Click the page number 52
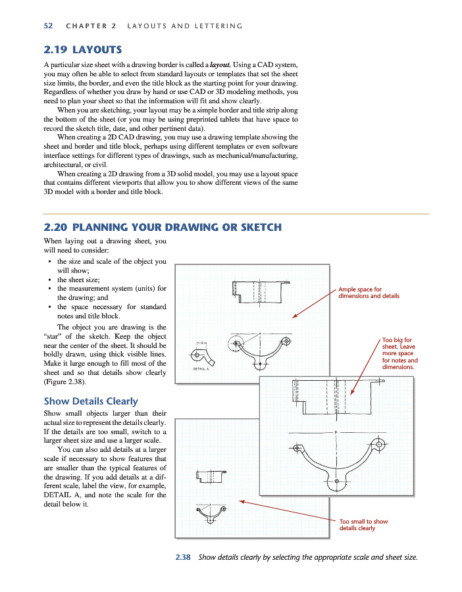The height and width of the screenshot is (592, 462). click(48, 26)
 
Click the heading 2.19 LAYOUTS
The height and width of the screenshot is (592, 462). click(82, 49)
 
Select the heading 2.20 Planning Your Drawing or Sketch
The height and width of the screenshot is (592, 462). click(163, 228)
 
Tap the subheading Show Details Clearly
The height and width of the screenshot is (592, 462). click(91, 401)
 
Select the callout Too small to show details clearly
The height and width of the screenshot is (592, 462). click(363, 525)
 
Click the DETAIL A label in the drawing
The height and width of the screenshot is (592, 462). click(201, 369)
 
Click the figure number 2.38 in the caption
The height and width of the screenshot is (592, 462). click(183, 558)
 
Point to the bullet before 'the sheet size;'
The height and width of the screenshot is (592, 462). click(51, 280)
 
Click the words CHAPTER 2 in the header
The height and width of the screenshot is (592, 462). click(91, 26)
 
